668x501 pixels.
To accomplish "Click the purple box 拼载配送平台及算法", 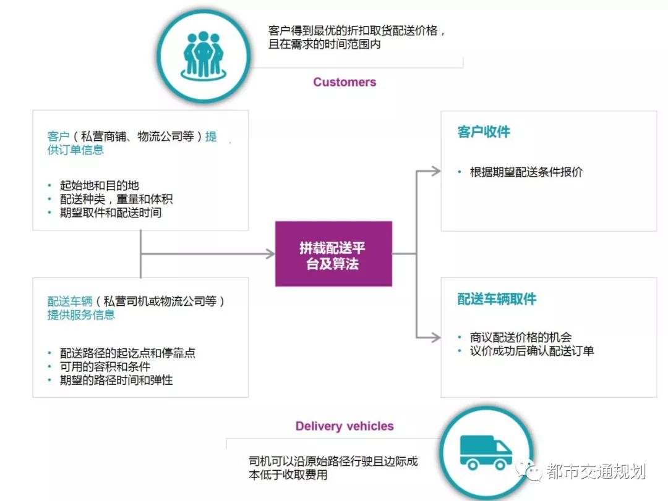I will click(x=333, y=254).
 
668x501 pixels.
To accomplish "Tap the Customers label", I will click(x=345, y=82).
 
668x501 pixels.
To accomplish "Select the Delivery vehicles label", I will click(x=345, y=426).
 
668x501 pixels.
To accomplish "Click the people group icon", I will click(x=203, y=54).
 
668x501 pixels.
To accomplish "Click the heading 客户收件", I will click(x=484, y=132).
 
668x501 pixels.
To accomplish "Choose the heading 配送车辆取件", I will click(x=497, y=300).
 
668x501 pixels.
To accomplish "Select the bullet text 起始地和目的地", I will click(x=100, y=185).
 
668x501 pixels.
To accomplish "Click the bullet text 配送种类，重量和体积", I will click(x=116, y=199).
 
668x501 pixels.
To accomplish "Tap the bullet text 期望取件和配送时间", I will click(x=111, y=213).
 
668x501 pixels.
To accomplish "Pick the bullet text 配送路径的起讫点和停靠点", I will click(x=128, y=353).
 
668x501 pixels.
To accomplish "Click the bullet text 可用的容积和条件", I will click(x=105, y=366).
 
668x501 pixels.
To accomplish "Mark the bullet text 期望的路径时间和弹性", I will click(x=116, y=380).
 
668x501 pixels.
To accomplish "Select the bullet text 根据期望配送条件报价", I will click(x=526, y=172).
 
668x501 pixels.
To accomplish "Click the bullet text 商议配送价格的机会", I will click(x=521, y=337).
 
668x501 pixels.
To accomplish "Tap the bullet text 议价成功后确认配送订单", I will click(x=532, y=351).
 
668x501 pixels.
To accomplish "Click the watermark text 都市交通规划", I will click(x=596, y=472).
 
